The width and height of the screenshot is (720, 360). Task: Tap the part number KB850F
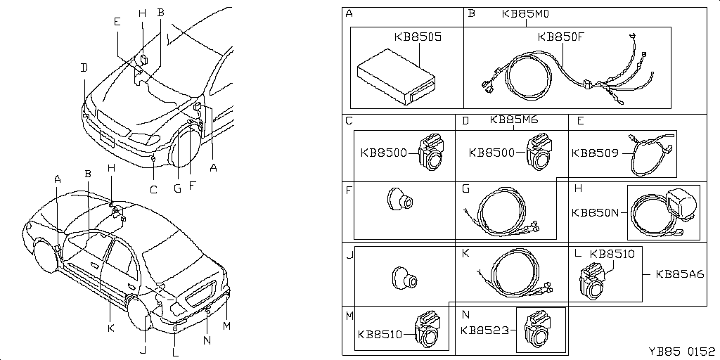[x=561, y=37]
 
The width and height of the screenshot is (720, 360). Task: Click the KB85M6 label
[x=513, y=120]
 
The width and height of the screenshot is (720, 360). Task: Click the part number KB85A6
[x=680, y=274]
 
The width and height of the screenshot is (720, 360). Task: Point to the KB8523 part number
[x=484, y=329]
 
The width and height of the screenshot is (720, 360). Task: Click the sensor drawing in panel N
[x=540, y=329]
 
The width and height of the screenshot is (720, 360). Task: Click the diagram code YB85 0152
[x=681, y=351]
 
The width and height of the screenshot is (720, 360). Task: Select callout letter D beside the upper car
[x=84, y=67]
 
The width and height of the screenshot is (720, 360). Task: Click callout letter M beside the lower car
[x=225, y=326]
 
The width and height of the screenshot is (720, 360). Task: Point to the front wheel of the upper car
[x=187, y=146]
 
